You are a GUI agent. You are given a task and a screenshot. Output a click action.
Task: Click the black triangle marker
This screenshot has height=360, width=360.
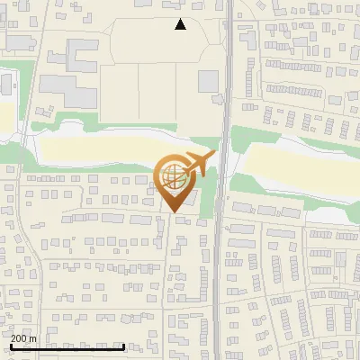(180, 24)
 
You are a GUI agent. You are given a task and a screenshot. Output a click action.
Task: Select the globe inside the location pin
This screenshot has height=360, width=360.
(172, 175)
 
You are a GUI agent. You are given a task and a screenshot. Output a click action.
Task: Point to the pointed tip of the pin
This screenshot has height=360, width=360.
(172, 212)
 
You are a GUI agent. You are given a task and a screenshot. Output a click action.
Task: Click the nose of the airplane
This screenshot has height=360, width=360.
(213, 154)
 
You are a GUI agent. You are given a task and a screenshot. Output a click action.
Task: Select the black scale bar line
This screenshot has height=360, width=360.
(67, 346)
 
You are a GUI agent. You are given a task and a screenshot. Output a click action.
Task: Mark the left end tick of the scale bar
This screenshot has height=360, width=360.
(11, 345)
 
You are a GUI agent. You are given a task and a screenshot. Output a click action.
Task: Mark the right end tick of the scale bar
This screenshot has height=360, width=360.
(124, 345)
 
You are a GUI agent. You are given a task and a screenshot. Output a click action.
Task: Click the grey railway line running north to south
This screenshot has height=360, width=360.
(223, 270)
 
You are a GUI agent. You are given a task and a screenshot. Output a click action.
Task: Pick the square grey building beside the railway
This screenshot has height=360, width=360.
(208, 81)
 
